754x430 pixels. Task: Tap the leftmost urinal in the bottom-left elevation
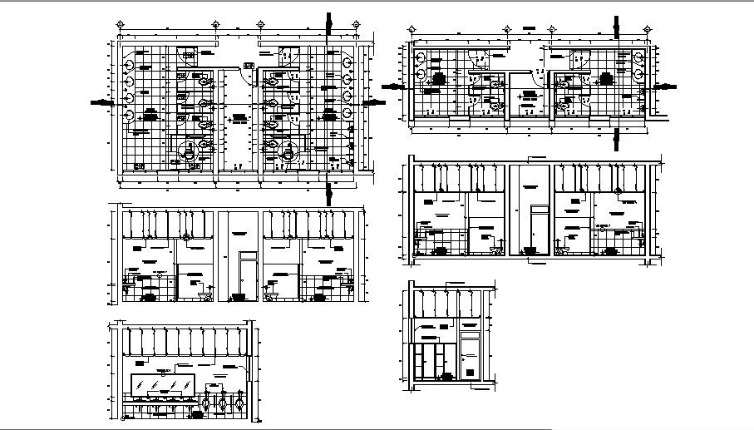coord(209,403)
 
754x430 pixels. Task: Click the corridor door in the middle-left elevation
coord(247,276)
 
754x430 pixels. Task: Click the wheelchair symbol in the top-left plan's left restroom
coord(190,151)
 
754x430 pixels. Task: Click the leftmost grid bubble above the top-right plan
coord(411,28)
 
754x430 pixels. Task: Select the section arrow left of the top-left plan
coord(101,101)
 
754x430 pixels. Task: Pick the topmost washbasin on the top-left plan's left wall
coord(131,62)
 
